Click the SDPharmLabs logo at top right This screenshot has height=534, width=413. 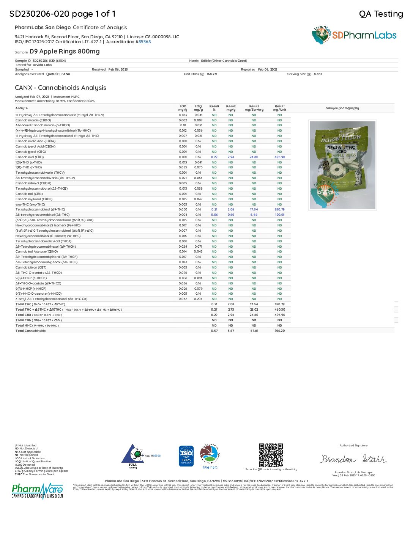pos(354,35)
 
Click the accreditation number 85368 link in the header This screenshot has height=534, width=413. pos(145,42)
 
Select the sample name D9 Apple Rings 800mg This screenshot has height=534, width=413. pos(65,51)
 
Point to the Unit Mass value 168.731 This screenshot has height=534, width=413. pos(212,74)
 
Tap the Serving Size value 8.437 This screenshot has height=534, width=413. pos(318,74)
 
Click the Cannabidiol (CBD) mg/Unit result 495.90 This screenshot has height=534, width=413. pos(280,157)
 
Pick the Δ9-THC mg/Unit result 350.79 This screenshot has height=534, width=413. pos(280,209)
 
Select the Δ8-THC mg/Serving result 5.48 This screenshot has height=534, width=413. pos(254,215)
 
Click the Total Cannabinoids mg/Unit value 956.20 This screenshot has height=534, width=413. pos(280,331)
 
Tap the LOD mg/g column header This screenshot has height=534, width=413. pos(183,108)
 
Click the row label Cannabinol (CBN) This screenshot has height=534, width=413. pos(29,194)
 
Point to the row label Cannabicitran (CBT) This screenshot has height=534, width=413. pos(31,267)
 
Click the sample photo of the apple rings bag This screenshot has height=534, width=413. pos(342,165)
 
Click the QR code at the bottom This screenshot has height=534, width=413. pos(271,455)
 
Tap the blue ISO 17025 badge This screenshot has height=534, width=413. pos(186,456)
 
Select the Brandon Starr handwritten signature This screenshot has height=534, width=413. pos(353,459)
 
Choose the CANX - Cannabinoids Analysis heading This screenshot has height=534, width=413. pos(60,88)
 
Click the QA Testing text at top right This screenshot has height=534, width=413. pos(381,14)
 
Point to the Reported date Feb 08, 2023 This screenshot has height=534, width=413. pos(268,70)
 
